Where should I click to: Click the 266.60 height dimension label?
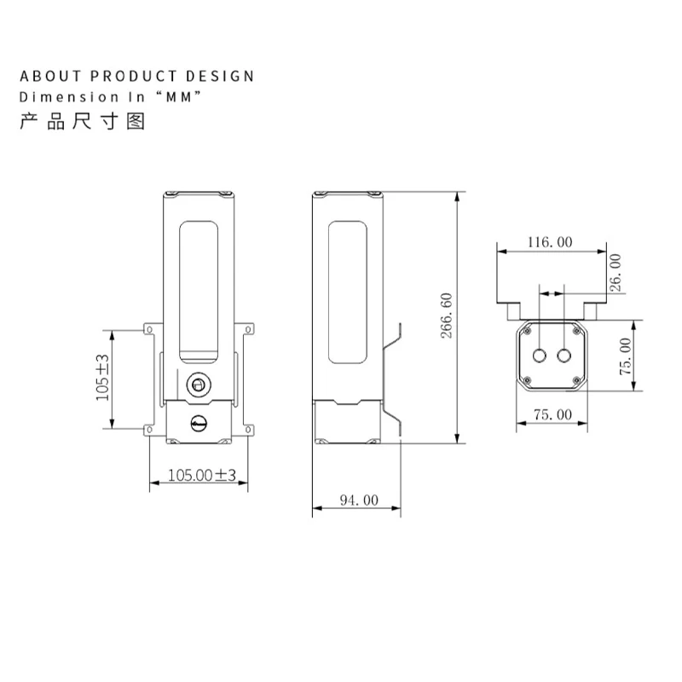(x=447, y=315)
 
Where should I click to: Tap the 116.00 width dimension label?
(x=550, y=242)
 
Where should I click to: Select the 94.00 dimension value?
(x=359, y=500)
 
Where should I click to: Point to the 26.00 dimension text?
(x=615, y=273)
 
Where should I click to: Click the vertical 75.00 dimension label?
(x=626, y=356)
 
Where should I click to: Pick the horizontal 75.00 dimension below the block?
(x=552, y=414)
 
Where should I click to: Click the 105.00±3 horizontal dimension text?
(x=202, y=475)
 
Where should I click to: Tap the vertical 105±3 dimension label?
(x=102, y=378)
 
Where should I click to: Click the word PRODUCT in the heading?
(x=133, y=76)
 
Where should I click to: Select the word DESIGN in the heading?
(x=220, y=76)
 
